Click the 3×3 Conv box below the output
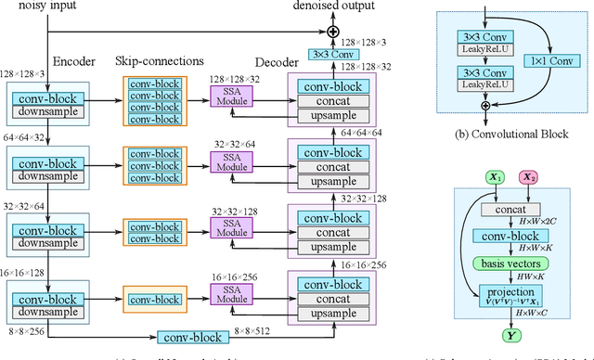click(x=335, y=55)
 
